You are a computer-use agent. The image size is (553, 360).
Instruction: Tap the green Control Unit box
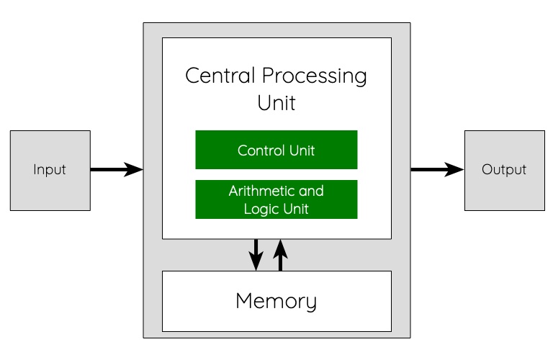[x=276, y=150]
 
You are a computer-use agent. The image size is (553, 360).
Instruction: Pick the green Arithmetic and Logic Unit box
[x=276, y=199]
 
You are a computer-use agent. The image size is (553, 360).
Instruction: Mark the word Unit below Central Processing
[x=276, y=103]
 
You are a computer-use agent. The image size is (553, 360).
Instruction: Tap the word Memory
[x=276, y=301]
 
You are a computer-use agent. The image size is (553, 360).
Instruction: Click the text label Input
[x=50, y=171]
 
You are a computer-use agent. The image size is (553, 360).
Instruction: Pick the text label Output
[x=504, y=171]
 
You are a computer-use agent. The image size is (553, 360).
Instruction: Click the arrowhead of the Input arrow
[x=134, y=170]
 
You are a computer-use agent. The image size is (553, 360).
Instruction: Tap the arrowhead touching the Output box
[x=455, y=170]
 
